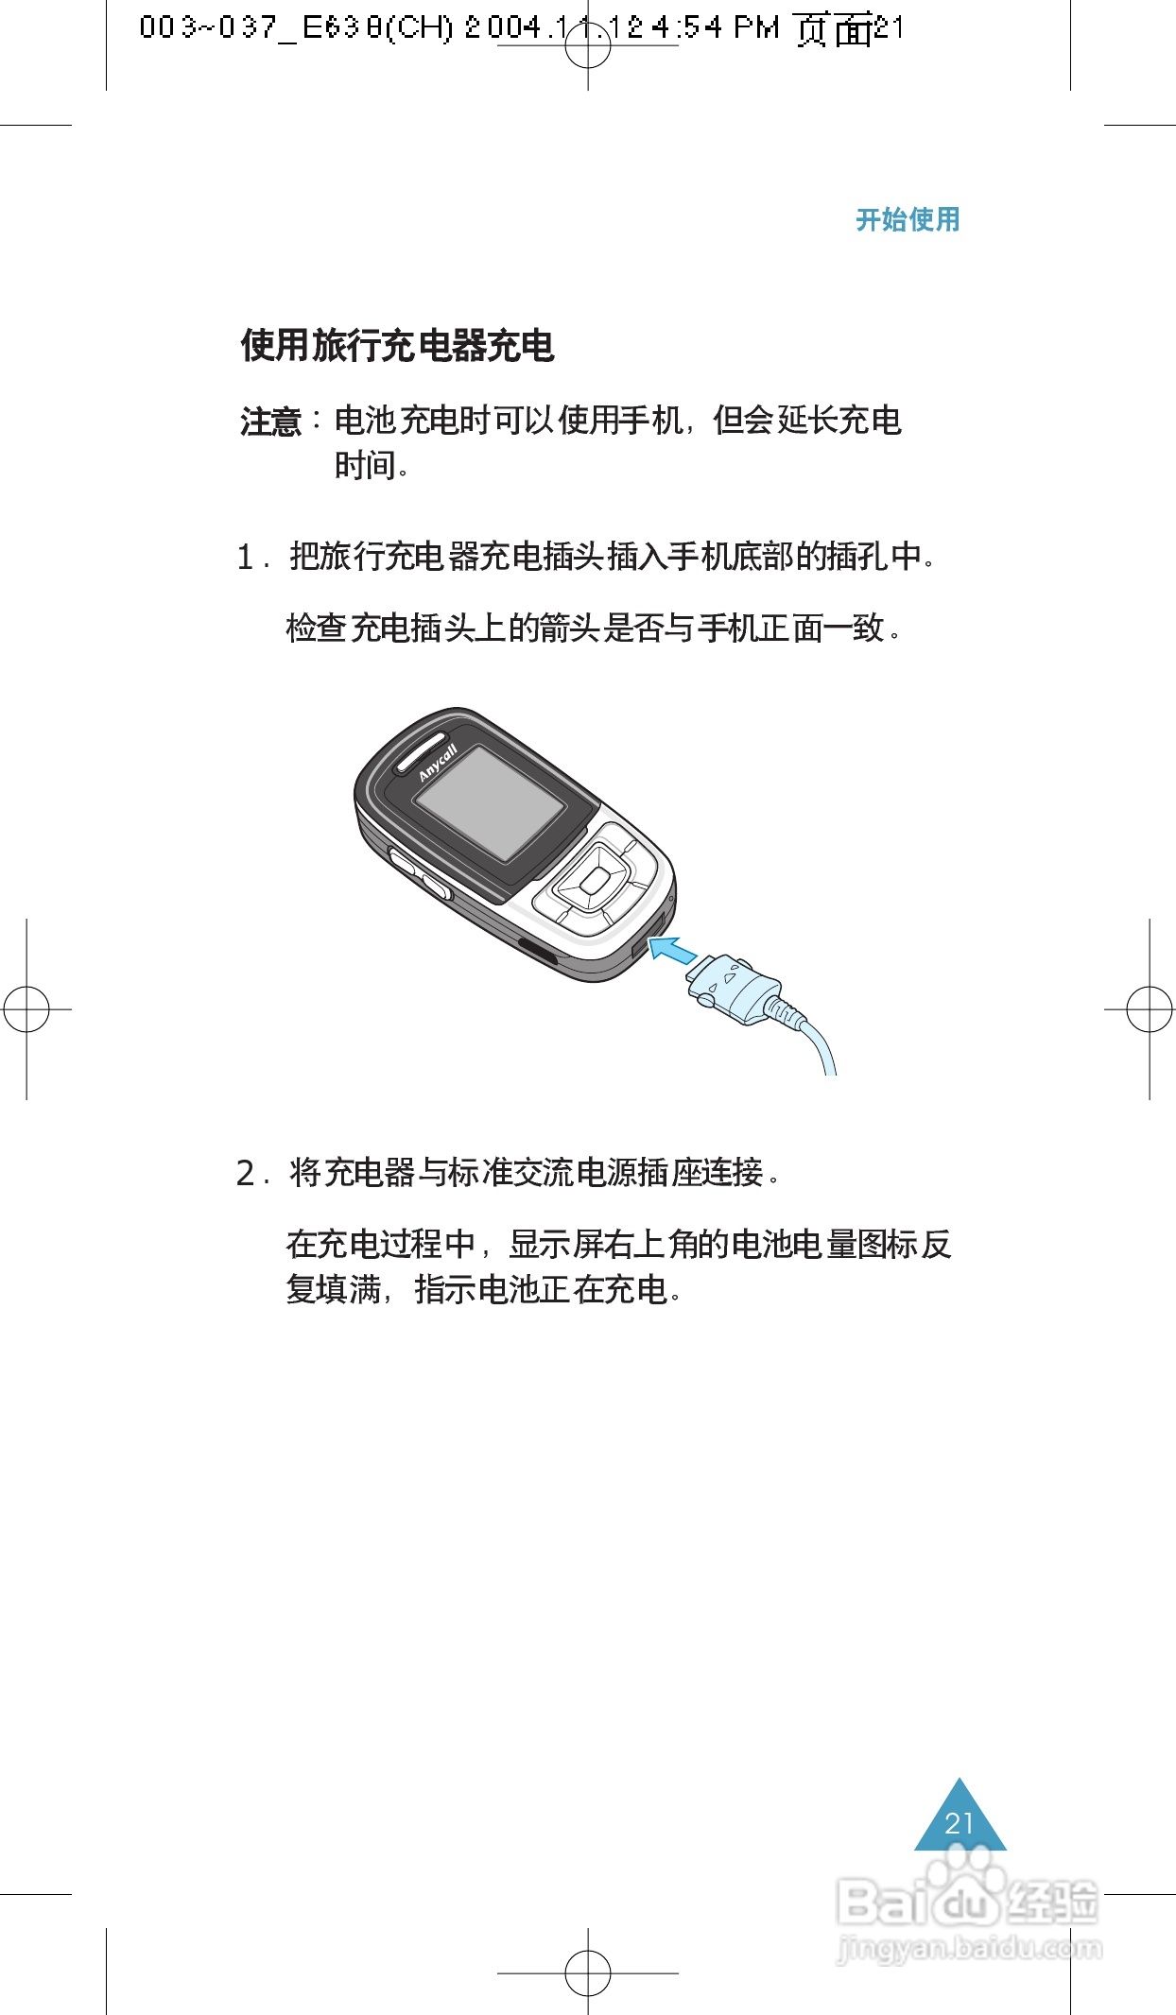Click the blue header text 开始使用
(x=907, y=220)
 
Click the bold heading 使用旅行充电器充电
(x=397, y=346)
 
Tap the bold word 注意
(x=269, y=422)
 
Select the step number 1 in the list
(x=246, y=558)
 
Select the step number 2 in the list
(x=246, y=1174)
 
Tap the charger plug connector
(x=735, y=988)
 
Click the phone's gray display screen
(x=490, y=803)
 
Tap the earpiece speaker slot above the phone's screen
(x=420, y=749)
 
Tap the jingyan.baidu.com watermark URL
(x=970, y=1948)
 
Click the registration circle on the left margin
(x=26, y=1009)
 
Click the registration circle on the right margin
(x=1150, y=1009)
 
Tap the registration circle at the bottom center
(x=588, y=1973)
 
